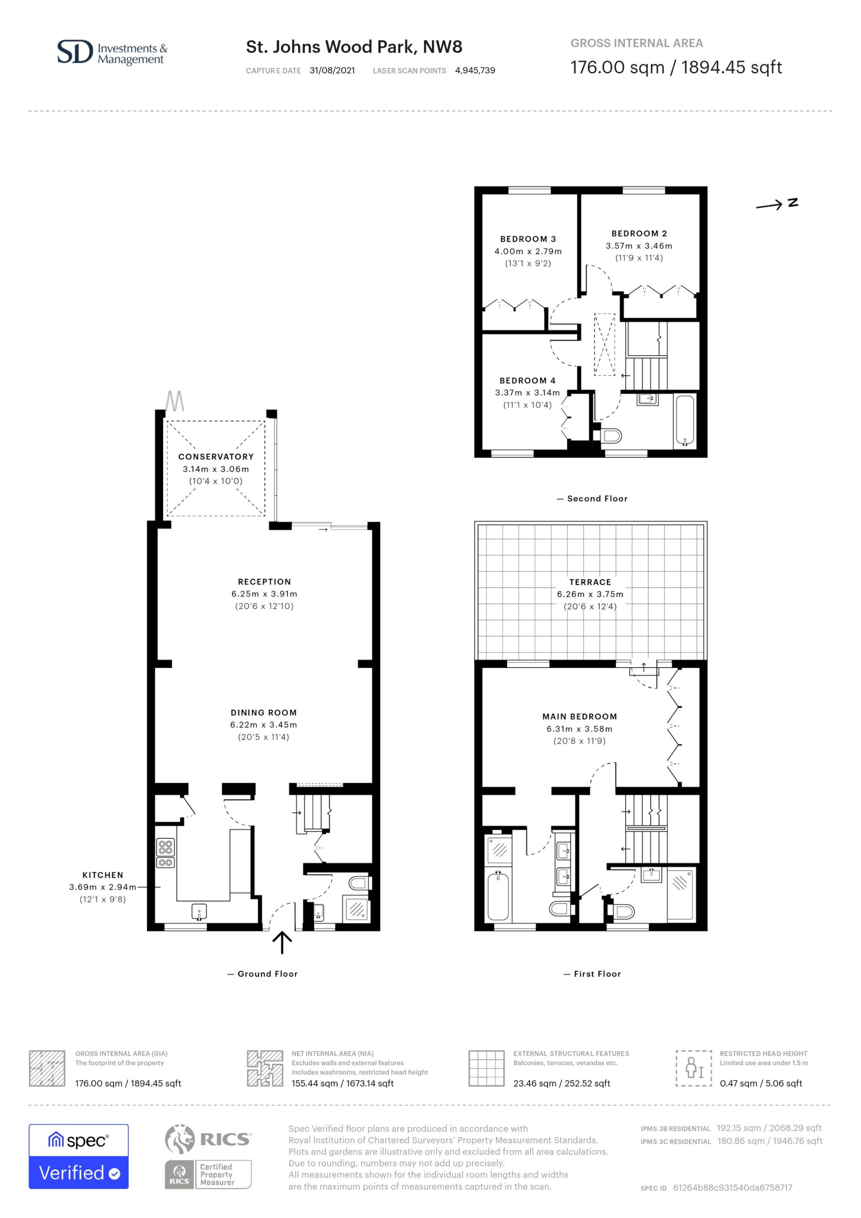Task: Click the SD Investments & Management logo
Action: [x=112, y=52]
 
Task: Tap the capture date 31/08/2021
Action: [x=332, y=70]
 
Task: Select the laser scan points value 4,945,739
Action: [x=475, y=70]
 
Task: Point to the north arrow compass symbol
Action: [x=777, y=204]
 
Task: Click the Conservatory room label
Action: [x=216, y=457]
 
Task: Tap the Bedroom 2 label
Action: [x=639, y=234]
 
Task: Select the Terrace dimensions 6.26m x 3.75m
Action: [x=590, y=594]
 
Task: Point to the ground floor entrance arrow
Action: [x=282, y=942]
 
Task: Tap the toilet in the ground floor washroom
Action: [x=359, y=883]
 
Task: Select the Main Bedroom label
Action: [x=579, y=717]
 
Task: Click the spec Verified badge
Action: [x=78, y=1157]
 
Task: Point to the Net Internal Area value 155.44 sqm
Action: [x=342, y=1083]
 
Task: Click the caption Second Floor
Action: [x=597, y=499]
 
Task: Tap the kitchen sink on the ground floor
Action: [x=199, y=912]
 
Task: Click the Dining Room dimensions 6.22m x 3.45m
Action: [x=264, y=725]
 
